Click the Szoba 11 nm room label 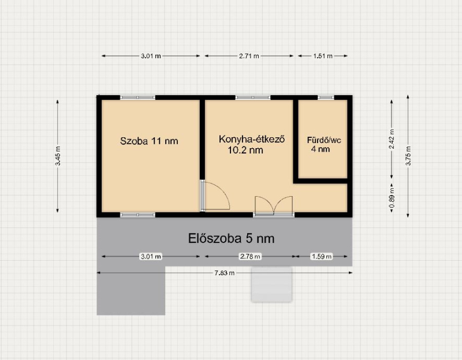149,141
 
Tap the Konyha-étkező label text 252,139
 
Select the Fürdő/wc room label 324,140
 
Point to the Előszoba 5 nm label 231,238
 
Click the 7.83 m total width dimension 225,273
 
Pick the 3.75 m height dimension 408,156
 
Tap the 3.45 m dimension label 58,156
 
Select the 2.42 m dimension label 392,139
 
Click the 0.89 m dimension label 392,197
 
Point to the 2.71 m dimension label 249,56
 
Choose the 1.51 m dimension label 323,56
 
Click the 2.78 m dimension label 250,256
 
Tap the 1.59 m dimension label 322,256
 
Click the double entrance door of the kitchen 274,207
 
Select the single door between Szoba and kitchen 215,196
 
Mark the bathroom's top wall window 326,97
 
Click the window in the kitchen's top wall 253,97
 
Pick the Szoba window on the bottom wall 137,215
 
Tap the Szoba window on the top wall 137,97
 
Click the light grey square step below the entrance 271,284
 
